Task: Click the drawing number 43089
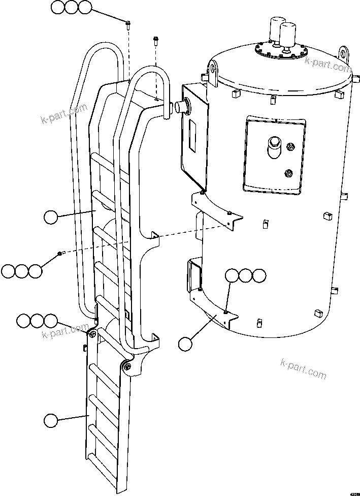pos(351,491)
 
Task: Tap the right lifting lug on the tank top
pos(345,53)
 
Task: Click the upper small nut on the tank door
pos(290,148)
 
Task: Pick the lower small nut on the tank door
pos(289,173)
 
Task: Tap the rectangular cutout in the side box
pos(193,135)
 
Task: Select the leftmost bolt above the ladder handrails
pos(127,22)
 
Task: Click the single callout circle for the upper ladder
pos(50,218)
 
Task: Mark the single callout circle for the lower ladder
pos(50,420)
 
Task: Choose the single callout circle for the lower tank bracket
pos(185,344)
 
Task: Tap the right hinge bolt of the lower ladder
pos(126,366)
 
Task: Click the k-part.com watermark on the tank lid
pos(328,64)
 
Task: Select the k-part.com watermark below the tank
pos(303,368)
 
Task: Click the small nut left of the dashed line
pos(60,253)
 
